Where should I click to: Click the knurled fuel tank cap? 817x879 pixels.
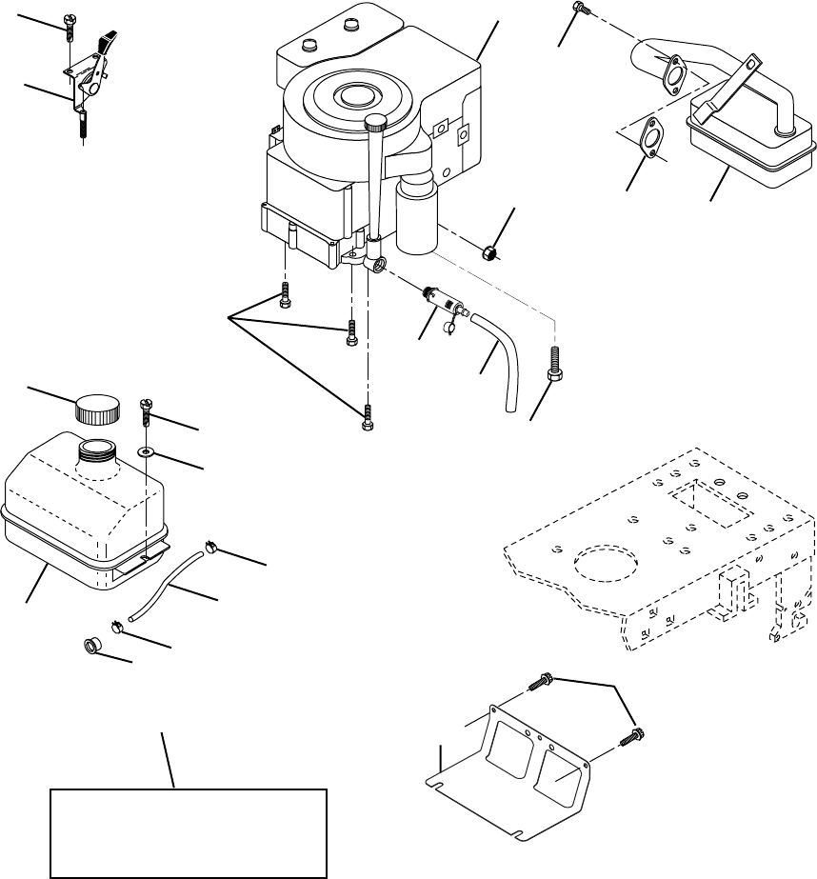coord(98,410)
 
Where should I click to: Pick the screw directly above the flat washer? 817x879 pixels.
coord(147,414)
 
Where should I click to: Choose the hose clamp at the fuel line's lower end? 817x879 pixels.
coord(115,626)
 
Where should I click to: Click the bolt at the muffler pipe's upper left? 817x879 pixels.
coord(580,9)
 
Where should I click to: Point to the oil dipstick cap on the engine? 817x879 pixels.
coord(376,122)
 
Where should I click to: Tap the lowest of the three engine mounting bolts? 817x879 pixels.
coord(368,420)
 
